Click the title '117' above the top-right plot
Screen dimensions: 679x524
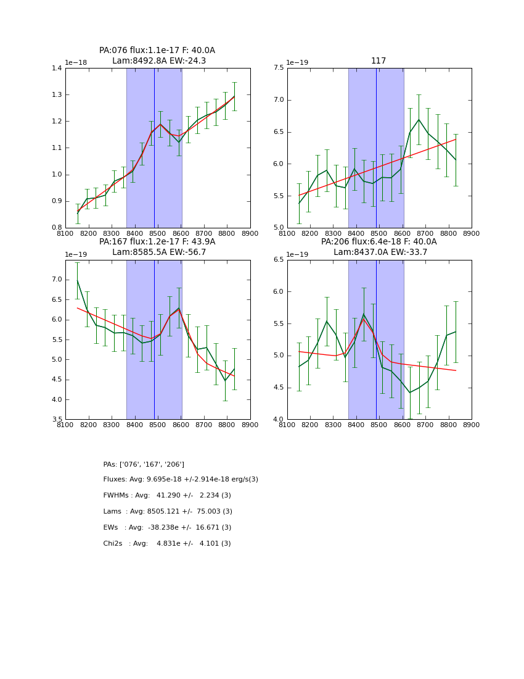[379, 61]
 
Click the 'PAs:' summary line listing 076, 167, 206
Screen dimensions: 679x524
[144, 464]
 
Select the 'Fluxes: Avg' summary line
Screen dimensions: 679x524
[181, 480]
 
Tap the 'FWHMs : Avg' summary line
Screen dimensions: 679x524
[167, 496]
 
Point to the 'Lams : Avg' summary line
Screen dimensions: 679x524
[168, 512]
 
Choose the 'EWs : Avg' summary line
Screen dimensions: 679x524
[167, 528]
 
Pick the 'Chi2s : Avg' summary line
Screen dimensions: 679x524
[167, 544]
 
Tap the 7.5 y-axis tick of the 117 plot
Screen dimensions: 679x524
[279, 69]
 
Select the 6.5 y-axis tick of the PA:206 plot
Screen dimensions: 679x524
[279, 260]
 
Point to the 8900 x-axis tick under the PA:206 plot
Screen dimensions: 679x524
[472, 425]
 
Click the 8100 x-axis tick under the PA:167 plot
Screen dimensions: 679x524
[65, 425]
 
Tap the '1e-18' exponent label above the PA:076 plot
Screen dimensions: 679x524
[76, 63]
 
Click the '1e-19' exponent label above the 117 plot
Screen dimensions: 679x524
[298, 63]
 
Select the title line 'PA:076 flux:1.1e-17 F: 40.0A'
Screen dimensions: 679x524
[157, 51]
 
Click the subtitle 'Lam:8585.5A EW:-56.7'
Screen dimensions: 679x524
[159, 252]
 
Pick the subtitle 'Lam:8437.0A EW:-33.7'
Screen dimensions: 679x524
[380, 252]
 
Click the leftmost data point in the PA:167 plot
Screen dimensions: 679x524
[77, 280]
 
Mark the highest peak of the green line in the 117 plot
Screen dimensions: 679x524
[419, 120]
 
